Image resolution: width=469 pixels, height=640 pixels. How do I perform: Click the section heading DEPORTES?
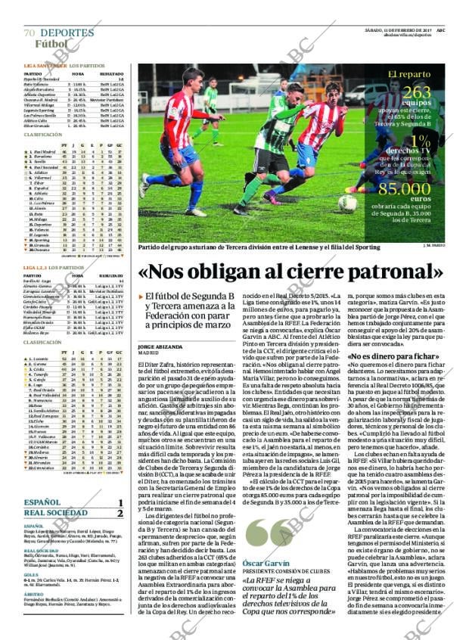pos(67,33)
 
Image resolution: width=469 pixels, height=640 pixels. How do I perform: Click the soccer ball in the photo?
pos(348,203)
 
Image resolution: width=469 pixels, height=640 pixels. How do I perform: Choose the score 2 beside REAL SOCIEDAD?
pos(120,513)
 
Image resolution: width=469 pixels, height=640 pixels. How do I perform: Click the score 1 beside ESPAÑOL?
pos(120,502)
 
